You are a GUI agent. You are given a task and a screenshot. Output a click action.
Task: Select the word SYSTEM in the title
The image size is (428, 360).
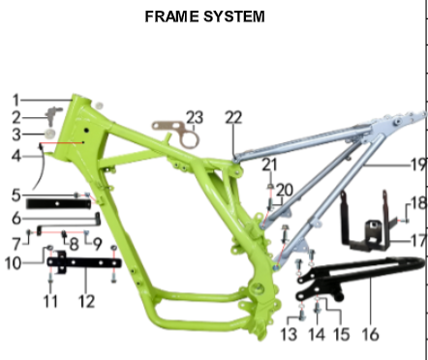234,16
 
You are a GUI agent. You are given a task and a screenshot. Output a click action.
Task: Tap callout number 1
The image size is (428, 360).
16,101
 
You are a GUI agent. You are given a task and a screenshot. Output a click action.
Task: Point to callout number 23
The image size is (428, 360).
195,117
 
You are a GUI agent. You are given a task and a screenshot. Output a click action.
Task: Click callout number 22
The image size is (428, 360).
233,117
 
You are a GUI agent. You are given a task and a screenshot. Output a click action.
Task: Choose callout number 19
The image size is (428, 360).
419,165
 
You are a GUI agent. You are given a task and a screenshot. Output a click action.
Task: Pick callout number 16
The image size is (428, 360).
370,334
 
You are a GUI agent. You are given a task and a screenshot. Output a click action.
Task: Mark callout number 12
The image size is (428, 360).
86,301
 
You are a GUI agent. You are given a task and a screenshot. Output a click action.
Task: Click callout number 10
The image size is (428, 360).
14,263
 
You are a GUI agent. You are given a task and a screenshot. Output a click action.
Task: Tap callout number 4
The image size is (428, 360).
16,156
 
